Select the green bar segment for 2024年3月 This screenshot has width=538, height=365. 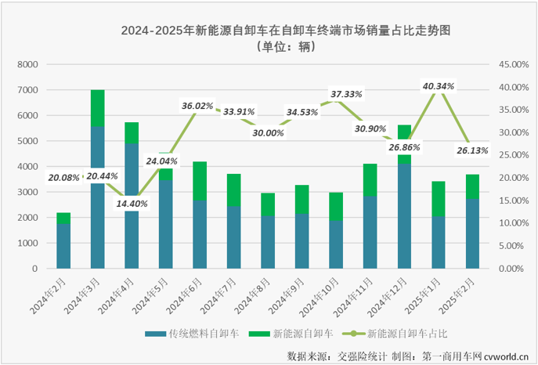pos(98,108)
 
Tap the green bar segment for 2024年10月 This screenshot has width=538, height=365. pos(336,206)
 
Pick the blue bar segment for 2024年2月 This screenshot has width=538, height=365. pos(63,246)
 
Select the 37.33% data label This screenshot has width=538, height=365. pos(346,94)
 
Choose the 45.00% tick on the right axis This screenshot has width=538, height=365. pos(508,64)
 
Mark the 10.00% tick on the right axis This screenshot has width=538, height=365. pos(508,223)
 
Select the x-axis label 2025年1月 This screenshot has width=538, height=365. pos(425,295)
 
